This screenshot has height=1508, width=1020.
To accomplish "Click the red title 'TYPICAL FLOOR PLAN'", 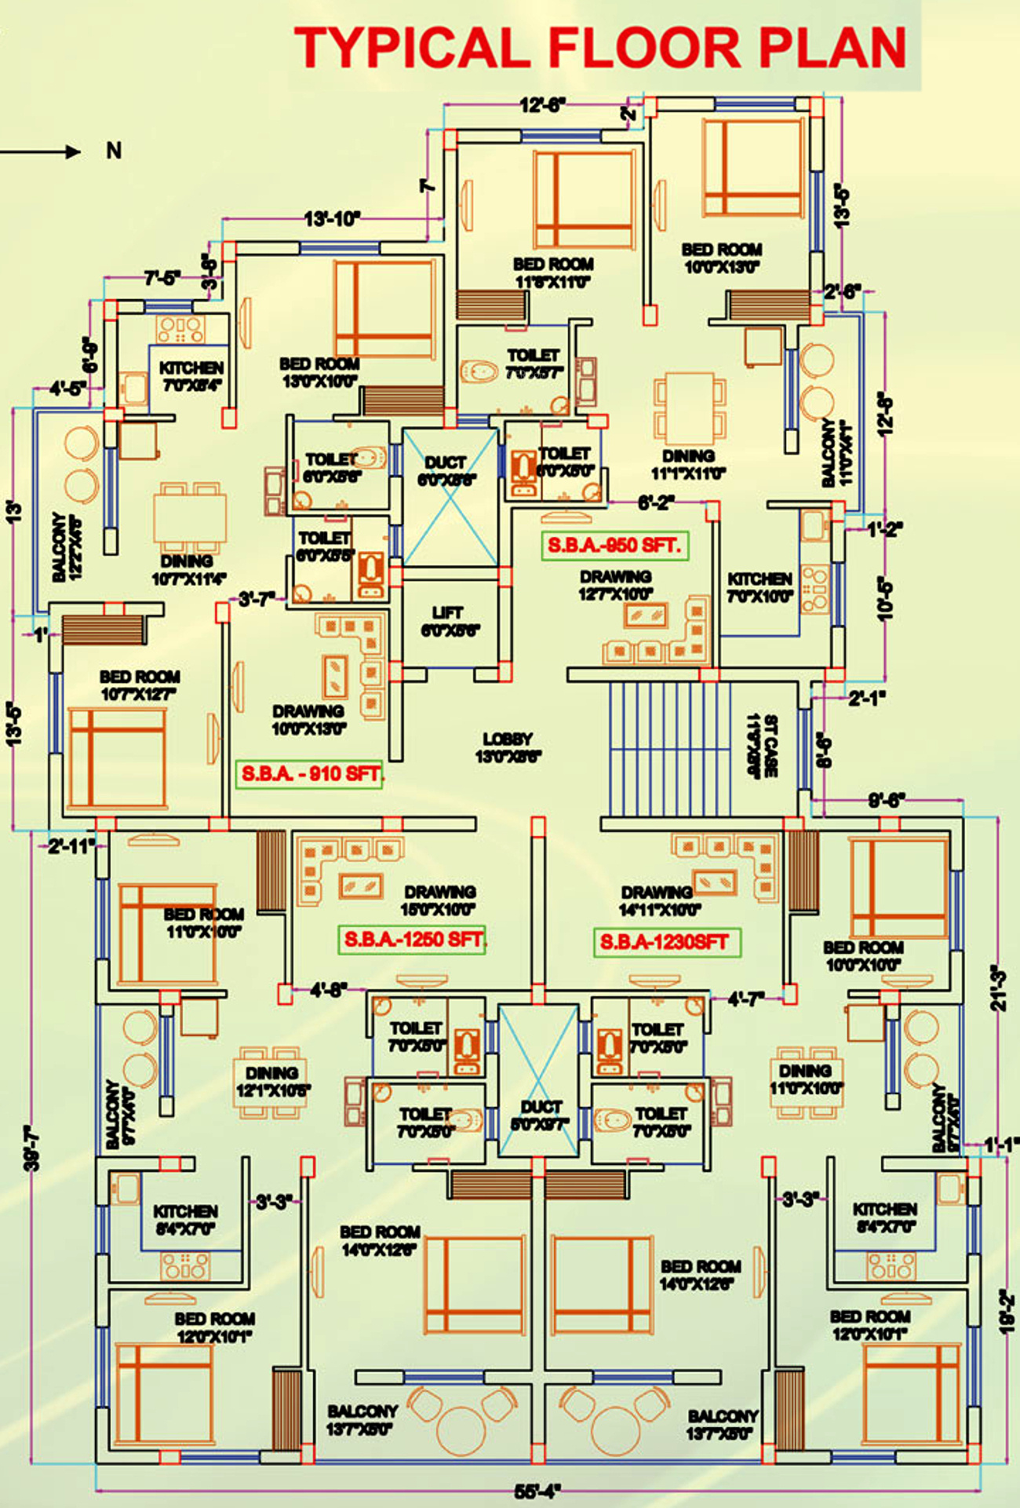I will click(600, 47).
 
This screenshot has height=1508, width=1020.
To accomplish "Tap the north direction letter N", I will click(114, 151).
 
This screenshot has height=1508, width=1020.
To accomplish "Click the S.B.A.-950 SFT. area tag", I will click(614, 546).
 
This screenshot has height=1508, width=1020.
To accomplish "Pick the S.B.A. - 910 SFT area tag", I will click(309, 774).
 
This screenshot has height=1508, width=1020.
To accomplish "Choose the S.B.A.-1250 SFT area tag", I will click(413, 939).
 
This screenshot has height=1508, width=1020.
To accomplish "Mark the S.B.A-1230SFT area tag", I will click(665, 941).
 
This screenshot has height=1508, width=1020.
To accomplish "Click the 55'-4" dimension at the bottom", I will click(537, 1491).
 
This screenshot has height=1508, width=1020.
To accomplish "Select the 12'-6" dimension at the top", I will click(542, 105).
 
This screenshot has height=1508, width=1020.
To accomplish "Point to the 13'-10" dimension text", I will click(332, 219).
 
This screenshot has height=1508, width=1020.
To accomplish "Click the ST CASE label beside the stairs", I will click(762, 746).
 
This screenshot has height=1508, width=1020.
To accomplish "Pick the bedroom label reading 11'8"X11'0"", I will click(553, 273).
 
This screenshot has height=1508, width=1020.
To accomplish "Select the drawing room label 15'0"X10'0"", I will click(439, 900).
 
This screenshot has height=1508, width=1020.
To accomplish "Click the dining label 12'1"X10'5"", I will click(272, 1082).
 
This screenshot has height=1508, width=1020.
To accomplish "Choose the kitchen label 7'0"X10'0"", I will click(760, 587).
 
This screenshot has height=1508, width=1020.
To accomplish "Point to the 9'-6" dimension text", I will click(887, 801).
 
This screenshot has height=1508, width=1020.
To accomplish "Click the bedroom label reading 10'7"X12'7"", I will click(140, 685).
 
